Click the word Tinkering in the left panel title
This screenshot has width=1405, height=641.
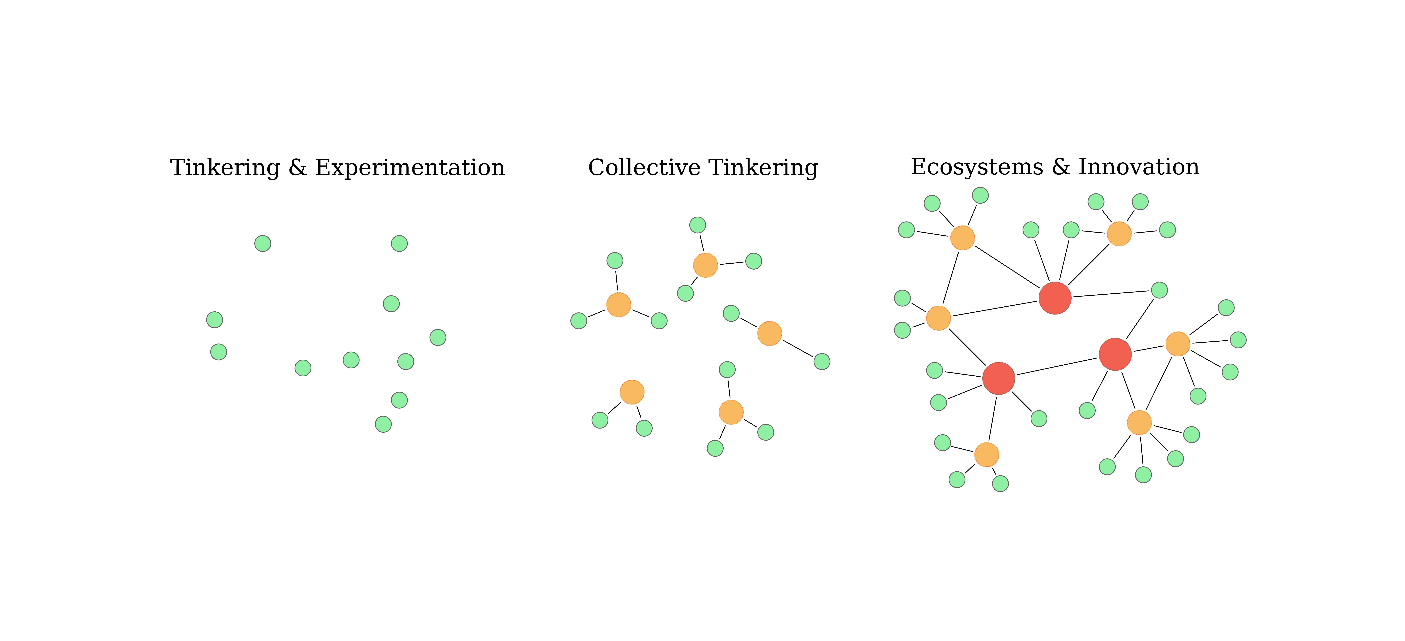(225, 168)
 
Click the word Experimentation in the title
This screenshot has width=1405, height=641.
(410, 168)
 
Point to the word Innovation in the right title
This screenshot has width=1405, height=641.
(1139, 167)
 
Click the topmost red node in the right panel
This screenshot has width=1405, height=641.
(1055, 298)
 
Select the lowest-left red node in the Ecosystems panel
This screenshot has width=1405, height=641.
(999, 378)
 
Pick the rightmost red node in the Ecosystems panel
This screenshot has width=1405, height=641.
(1115, 354)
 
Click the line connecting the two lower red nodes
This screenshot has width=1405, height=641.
(1057, 366)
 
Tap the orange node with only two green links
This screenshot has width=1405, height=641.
(770, 333)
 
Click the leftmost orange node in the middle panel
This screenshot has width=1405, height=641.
(618, 304)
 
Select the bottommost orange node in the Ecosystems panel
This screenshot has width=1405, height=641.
(986, 454)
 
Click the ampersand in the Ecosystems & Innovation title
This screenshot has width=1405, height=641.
(1060, 167)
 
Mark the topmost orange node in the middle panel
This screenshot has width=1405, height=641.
(705, 265)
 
